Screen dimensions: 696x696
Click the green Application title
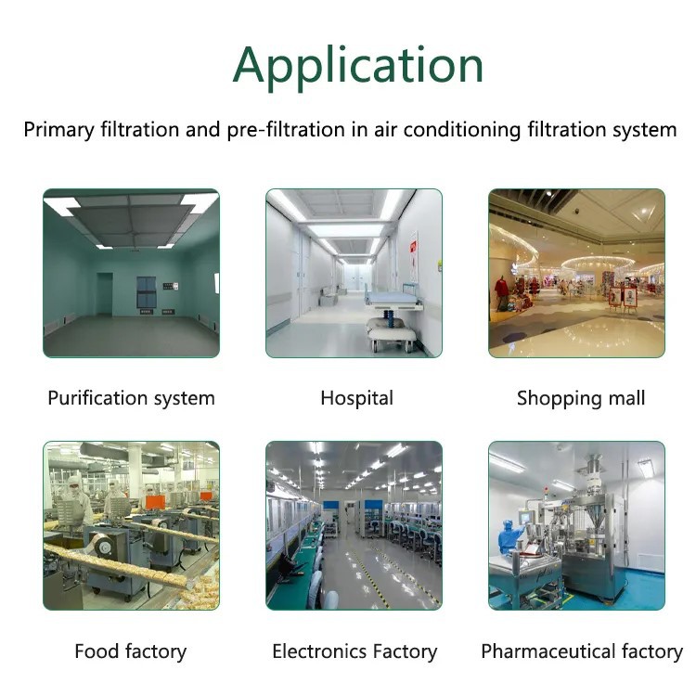pos(358,67)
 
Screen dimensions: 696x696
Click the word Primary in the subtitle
pos(58,130)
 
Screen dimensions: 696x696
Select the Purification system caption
pos(132,398)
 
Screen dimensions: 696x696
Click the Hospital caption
pos(357,398)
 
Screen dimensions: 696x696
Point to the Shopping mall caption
pos(581,398)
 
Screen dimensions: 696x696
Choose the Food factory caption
pos(131,651)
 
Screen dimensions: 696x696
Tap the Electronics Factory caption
pos(354,651)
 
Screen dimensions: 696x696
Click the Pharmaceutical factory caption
pos(582,651)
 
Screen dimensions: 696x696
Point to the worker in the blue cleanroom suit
pos(509,538)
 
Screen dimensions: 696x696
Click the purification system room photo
pos(132,274)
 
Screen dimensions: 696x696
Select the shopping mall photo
pos(576,274)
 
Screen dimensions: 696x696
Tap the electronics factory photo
pos(354,525)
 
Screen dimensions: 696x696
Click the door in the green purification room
pos(104,294)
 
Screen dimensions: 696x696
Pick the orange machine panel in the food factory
pos(155,502)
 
